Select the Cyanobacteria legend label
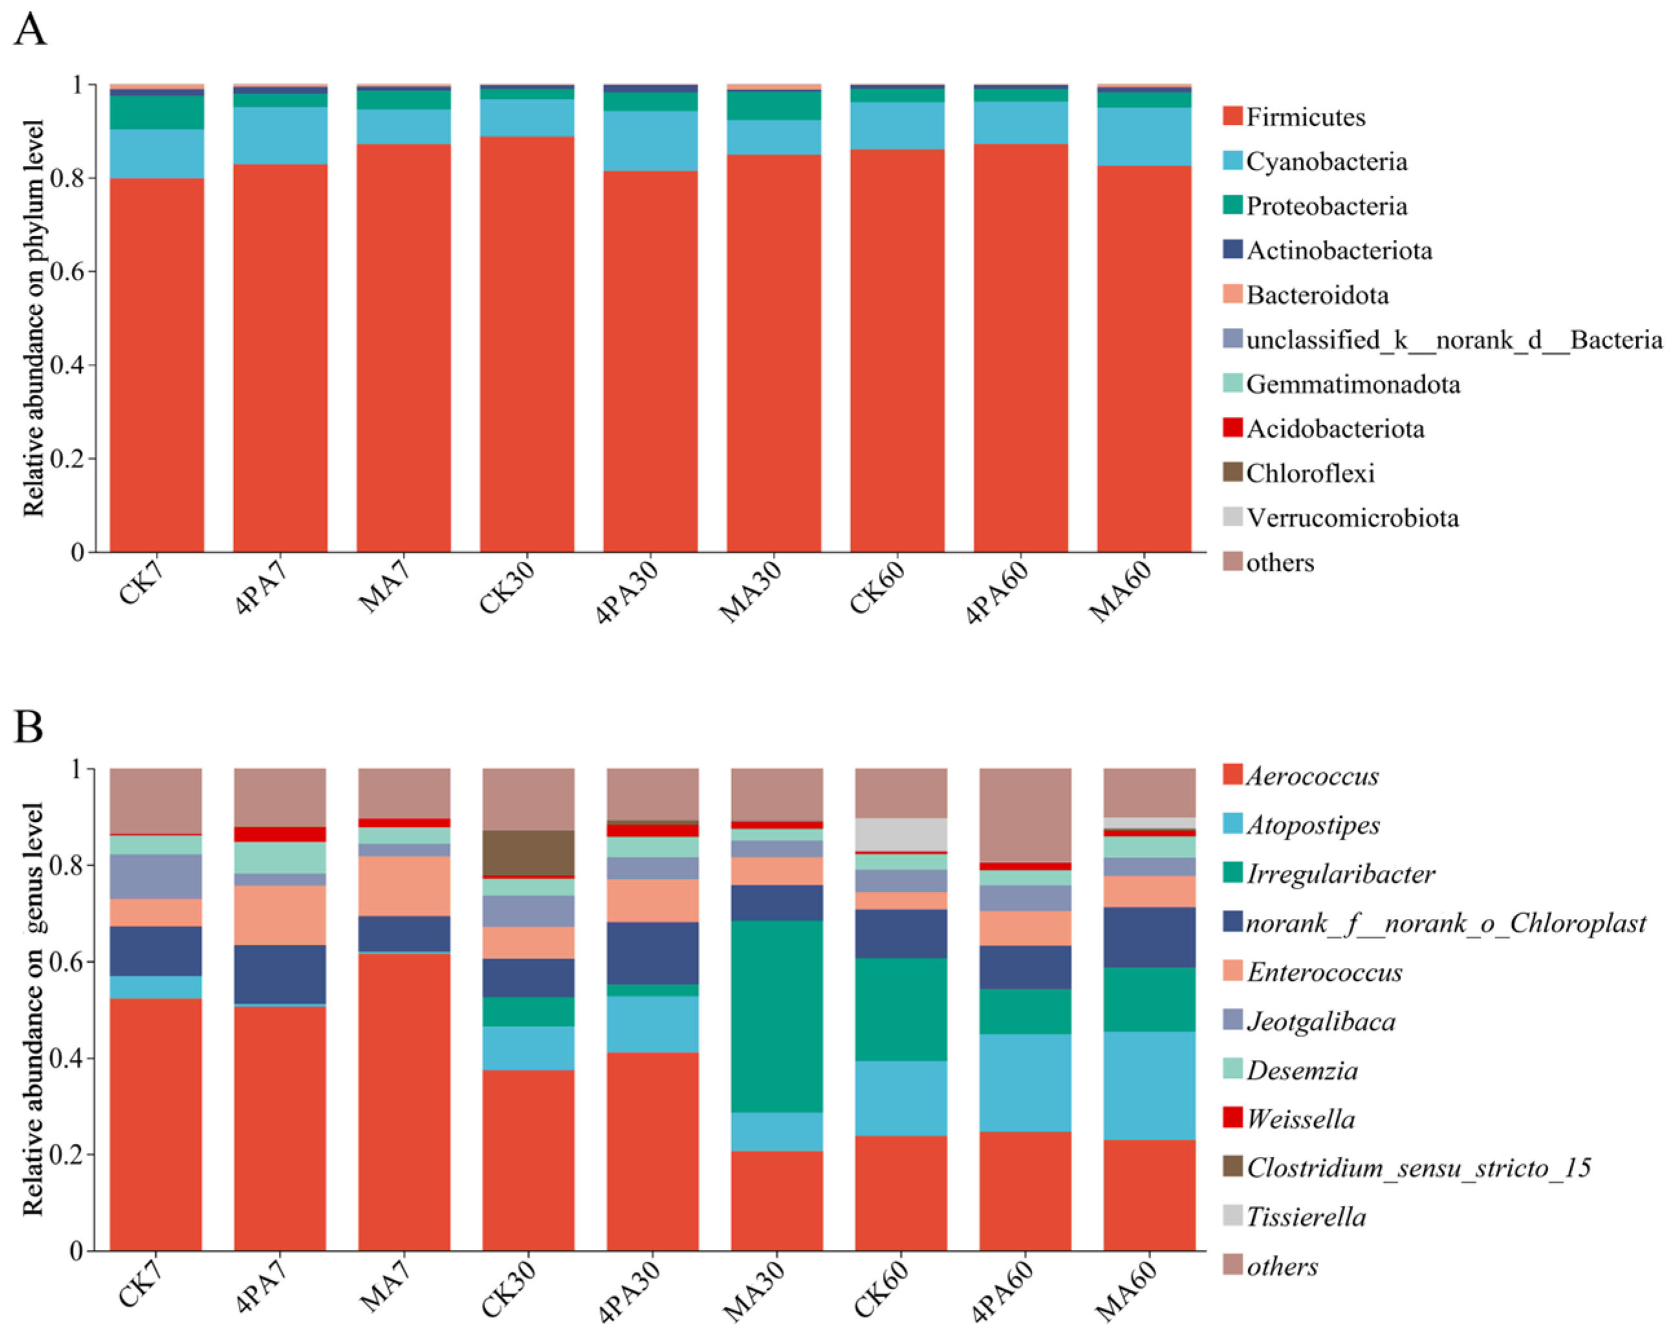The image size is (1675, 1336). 1326,162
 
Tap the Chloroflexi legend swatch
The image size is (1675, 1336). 1232,472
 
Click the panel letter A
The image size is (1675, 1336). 30,31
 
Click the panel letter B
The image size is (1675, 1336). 28,727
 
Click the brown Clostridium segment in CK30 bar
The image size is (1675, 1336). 528,852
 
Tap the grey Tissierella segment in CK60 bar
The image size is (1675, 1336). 902,834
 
